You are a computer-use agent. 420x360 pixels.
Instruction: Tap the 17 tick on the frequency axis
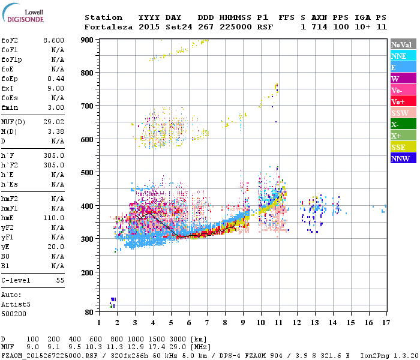click(x=385, y=323)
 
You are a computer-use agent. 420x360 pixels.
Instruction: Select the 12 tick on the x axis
click(x=296, y=323)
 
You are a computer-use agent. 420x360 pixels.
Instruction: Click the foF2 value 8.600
click(x=53, y=40)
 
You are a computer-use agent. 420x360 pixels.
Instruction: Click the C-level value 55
click(x=60, y=280)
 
